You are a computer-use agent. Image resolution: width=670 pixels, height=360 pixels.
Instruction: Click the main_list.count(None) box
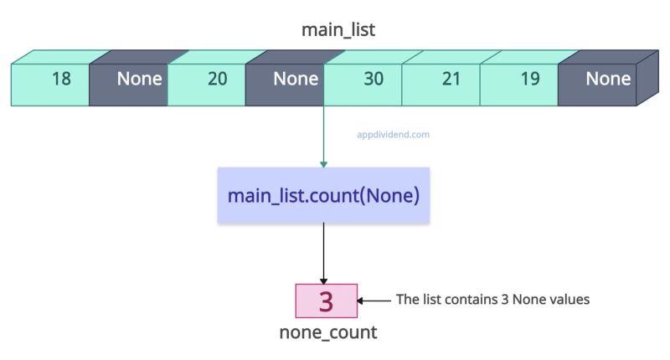pyautogui.click(x=323, y=196)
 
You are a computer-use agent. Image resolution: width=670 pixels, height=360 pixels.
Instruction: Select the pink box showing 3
pyautogui.click(x=326, y=301)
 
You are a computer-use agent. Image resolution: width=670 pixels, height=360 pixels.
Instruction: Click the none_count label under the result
pyautogui.click(x=327, y=332)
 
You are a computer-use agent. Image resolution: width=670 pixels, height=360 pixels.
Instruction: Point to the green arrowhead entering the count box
pyautogui.click(x=323, y=163)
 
